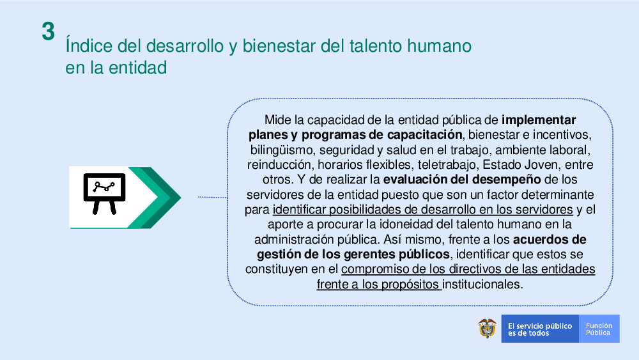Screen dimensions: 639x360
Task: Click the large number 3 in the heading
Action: [48, 31]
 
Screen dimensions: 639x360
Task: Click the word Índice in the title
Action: [88, 45]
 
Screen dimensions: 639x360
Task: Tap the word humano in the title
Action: [440, 45]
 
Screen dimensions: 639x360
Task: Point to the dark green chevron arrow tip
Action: [181, 198]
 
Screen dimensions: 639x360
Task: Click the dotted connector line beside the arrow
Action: [212, 197]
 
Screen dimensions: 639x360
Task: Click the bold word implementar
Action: [538, 120]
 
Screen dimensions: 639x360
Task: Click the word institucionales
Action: [482, 284]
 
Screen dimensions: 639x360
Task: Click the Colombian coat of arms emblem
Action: [487, 328]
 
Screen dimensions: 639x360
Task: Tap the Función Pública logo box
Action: [599, 329]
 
